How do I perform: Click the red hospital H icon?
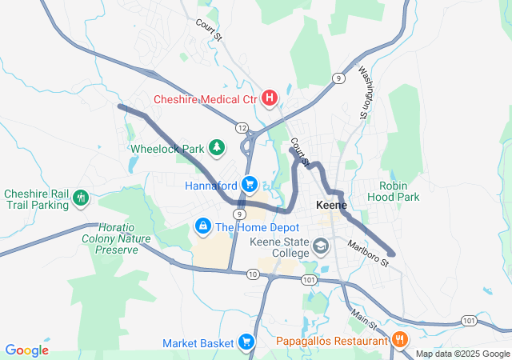tap(270, 99)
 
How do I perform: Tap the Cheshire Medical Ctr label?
tap(206, 100)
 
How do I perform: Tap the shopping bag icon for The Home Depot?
tap(203, 227)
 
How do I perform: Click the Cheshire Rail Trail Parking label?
tap(37, 199)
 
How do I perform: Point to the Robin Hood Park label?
tap(399, 190)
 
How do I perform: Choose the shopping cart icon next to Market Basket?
tap(246, 342)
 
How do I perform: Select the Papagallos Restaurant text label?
tap(332, 342)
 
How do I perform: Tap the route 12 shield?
tap(242, 128)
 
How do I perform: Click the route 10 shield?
tap(253, 274)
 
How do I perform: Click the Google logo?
tap(27, 350)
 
